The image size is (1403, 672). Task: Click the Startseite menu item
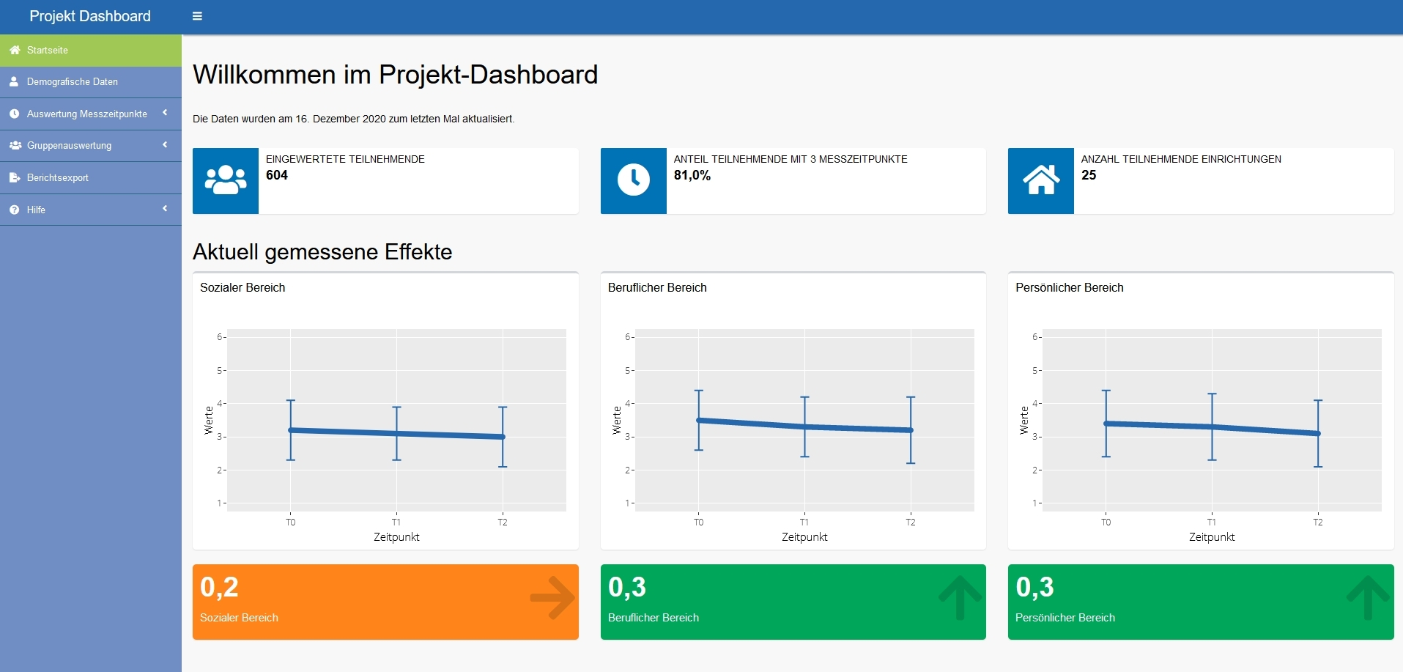point(48,51)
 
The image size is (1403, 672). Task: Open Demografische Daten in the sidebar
point(72,82)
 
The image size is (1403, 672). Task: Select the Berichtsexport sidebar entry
point(57,178)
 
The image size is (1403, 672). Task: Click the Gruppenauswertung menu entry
point(69,146)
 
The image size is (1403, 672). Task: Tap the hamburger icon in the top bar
point(197,16)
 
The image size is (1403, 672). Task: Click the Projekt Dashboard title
point(90,16)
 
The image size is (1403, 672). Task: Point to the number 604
point(277,175)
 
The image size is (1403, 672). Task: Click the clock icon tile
point(633,180)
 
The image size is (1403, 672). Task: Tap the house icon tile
point(1040,180)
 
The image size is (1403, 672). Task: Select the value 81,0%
point(692,175)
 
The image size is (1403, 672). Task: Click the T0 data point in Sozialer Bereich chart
point(291,430)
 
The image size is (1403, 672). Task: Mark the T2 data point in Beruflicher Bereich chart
point(911,430)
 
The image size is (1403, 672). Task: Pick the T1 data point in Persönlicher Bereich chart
point(1212,427)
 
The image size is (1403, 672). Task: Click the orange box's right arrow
point(552,598)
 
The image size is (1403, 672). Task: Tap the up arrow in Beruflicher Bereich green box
point(960,598)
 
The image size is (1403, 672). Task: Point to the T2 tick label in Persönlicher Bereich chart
point(1318,523)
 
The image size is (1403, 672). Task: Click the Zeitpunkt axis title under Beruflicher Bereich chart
point(804,537)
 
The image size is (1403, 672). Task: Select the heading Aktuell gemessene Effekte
point(322,252)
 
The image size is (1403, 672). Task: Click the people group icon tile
point(226,180)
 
